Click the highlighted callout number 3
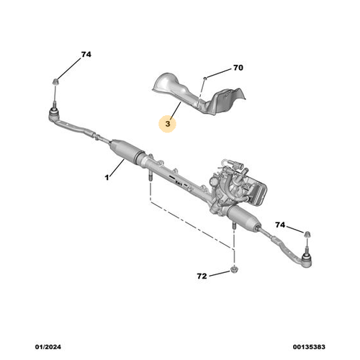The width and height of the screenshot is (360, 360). click(168, 124)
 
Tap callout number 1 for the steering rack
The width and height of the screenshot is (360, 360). click(107, 178)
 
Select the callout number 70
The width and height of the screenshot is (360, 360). click(238, 68)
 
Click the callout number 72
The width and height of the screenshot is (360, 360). click(202, 276)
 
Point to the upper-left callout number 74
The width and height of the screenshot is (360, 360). click(86, 55)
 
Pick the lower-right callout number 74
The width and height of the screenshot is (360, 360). click(280, 225)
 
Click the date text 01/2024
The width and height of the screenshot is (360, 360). click(48, 347)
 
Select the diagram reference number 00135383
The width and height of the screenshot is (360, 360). click(309, 347)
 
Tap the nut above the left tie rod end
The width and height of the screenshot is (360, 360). click(55, 81)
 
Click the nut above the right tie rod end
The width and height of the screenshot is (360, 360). click(307, 234)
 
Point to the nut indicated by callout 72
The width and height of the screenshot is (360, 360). click(233, 269)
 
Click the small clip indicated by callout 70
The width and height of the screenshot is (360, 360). click(205, 78)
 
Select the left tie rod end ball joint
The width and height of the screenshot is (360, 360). click(54, 113)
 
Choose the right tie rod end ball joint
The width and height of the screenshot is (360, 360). click(306, 260)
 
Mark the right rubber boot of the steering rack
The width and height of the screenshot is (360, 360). click(243, 217)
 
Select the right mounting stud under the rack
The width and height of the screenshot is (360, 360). click(234, 226)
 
